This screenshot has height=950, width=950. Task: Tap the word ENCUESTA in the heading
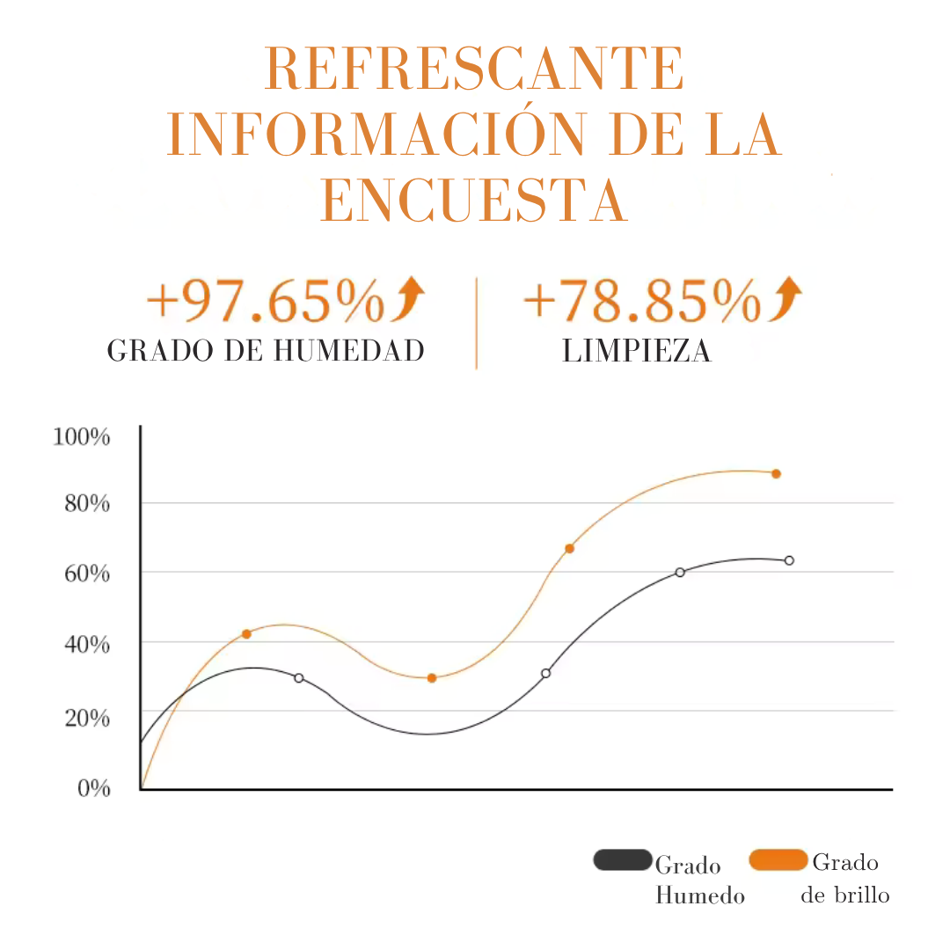point(474,201)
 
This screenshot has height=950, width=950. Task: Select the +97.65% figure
point(265,301)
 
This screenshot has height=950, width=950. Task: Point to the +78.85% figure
point(641,301)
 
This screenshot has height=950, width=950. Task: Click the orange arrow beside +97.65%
point(409,298)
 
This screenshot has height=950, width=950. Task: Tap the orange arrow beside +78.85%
point(786,298)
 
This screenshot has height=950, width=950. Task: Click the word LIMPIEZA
point(637,351)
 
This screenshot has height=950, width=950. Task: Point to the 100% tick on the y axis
point(82,436)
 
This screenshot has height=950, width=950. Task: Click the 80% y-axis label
point(86,504)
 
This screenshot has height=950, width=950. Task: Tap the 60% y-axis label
point(86,574)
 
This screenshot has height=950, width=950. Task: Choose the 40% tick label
point(86,645)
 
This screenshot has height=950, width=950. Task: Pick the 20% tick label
point(86,717)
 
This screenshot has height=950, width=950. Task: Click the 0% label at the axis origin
point(94,787)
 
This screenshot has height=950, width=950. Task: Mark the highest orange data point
point(776,473)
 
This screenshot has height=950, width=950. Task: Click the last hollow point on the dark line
point(789,560)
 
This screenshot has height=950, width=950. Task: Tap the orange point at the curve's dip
point(432,678)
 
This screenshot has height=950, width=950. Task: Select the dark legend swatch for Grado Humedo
point(623,859)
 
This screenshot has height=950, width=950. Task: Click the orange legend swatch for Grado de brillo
point(778,859)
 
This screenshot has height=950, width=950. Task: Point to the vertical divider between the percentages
point(476,323)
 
